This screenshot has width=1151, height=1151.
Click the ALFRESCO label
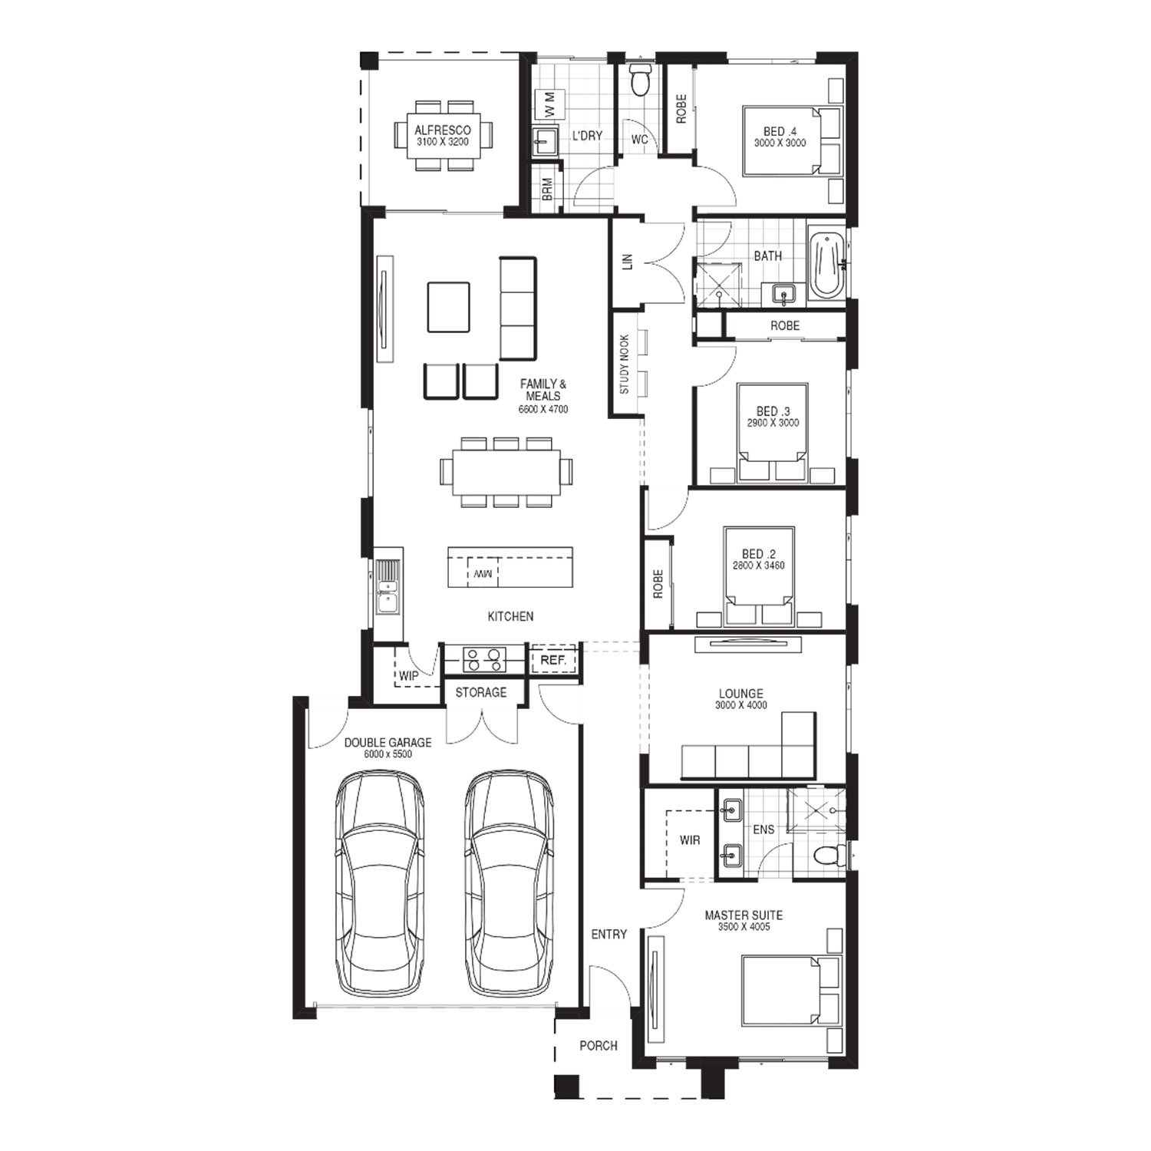(x=443, y=130)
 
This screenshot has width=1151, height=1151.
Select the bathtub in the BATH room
(x=826, y=265)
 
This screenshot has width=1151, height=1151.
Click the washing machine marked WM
(x=549, y=104)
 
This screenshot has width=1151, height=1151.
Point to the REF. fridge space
(x=553, y=660)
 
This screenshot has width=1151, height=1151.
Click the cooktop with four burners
(x=484, y=660)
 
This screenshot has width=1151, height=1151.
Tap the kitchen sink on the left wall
(x=388, y=588)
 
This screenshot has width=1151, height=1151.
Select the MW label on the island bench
(x=483, y=572)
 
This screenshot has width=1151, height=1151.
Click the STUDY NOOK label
(x=625, y=364)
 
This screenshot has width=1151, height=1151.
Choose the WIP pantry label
(x=408, y=676)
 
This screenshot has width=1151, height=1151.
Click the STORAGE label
(x=481, y=692)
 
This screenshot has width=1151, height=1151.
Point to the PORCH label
(x=599, y=1045)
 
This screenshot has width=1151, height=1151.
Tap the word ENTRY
(x=609, y=934)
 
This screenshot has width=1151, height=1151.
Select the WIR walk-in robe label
(x=690, y=840)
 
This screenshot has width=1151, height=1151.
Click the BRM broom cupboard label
(x=547, y=190)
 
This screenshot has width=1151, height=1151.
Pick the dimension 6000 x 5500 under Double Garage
(x=388, y=754)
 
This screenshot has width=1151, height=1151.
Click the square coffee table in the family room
(x=449, y=307)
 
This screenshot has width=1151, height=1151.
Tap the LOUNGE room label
(x=741, y=694)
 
